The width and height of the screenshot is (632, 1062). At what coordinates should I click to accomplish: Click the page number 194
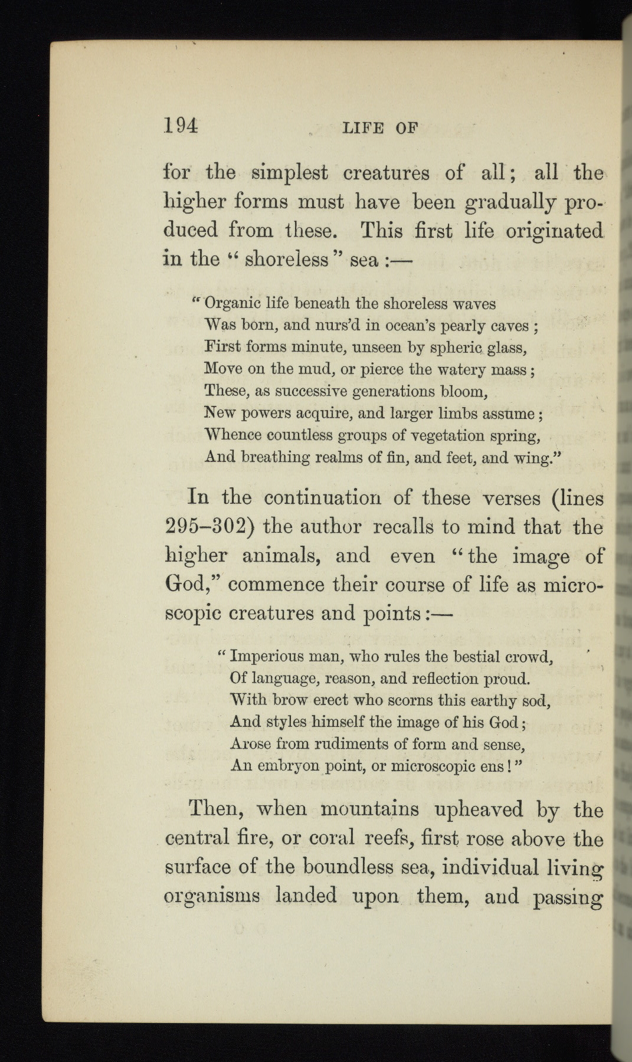click(181, 126)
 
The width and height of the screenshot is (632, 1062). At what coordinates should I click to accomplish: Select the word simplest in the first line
click(289, 173)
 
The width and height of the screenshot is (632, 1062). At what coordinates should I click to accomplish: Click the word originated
click(554, 231)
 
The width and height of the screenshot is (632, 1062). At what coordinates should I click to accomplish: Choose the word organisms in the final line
click(211, 896)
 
